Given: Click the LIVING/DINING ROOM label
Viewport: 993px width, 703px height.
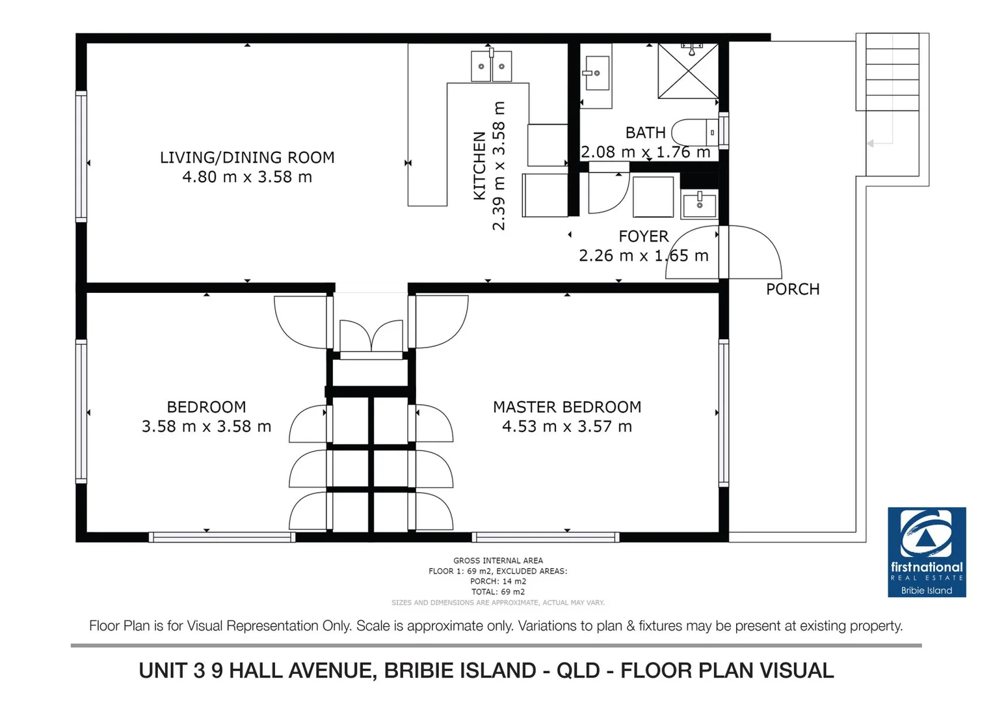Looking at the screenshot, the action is (247, 158).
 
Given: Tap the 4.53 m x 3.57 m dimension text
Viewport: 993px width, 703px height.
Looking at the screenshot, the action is (567, 426).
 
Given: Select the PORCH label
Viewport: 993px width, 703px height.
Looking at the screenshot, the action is (793, 290).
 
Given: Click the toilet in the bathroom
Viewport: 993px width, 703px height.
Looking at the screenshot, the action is (695, 132).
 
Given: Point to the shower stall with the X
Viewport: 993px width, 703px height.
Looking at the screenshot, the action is (688, 70).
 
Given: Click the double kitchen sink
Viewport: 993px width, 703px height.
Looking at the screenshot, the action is (491, 66).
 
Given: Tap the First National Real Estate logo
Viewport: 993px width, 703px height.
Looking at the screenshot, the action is (927, 552).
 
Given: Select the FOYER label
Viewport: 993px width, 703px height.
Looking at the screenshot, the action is (643, 236).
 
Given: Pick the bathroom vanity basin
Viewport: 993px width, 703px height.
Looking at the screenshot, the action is (597, 73).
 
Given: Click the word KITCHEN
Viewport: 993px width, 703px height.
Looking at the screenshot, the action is (480, 165).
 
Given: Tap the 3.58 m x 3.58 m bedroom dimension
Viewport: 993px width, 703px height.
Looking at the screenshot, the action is (206, 426).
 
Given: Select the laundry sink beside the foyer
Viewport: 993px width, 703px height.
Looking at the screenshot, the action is (700, 204).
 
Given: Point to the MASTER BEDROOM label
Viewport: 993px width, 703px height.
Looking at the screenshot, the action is (567, 407).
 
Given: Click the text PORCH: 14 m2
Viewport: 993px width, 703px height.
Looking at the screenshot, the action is (498, 581).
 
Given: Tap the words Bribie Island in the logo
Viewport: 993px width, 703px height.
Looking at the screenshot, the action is (927, 590).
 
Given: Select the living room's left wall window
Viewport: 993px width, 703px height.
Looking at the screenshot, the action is (81, 156).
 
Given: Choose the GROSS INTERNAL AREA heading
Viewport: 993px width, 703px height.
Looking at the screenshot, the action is (498, 560).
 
